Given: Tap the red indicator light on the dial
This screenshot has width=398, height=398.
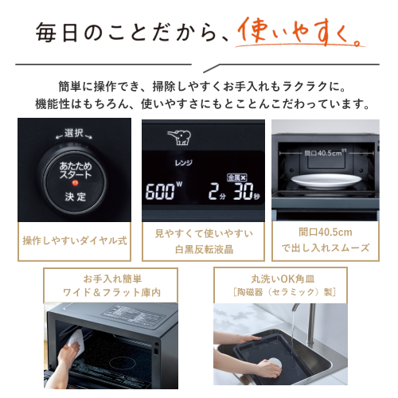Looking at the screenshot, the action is [76, 182].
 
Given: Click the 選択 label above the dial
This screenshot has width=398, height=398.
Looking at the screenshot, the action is [74, 133].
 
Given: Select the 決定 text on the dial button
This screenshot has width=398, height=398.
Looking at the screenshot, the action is [76, 197].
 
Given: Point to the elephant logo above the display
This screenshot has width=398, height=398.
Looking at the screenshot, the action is [179, 138].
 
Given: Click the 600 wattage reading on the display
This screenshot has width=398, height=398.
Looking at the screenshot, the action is [160, 191].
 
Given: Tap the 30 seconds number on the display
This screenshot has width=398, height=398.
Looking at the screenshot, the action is [243, 191].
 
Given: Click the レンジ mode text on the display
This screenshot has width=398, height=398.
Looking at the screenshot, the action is [183, 162].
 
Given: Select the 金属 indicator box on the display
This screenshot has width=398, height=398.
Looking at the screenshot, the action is [237, 178].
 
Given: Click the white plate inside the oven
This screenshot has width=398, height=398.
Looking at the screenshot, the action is [326, 181].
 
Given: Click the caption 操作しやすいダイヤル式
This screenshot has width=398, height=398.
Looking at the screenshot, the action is [75, 240].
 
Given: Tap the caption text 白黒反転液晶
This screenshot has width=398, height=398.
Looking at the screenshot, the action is [204, 249].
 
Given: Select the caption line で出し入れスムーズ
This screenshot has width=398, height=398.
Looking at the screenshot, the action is [326, 248].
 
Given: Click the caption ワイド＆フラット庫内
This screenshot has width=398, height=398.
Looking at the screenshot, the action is [111, 292].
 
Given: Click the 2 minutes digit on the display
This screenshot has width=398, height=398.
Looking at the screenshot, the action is [213, 191].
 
